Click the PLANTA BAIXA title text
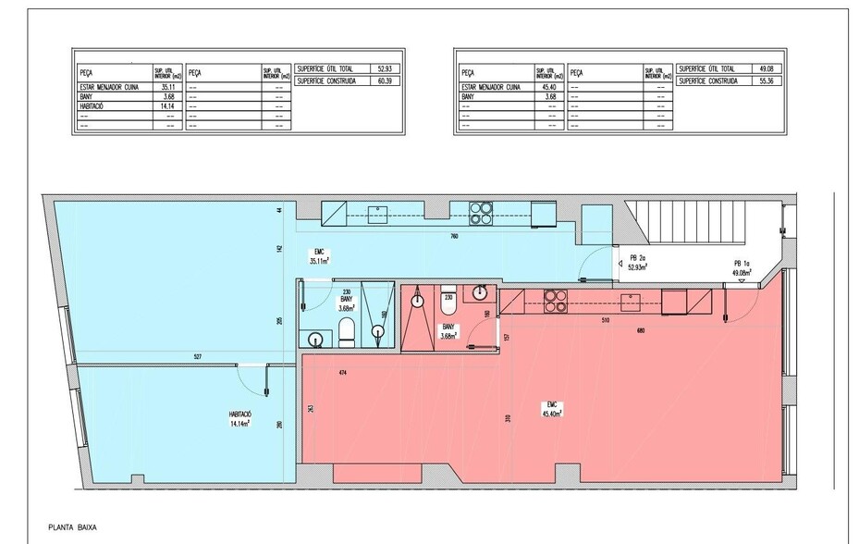coord(73,528)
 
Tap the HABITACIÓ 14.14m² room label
coord(242,418)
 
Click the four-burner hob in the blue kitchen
coord(482,214)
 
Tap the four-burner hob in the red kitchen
coord(553,301)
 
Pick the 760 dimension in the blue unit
coord(453,237)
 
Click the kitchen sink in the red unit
coord(633,301)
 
